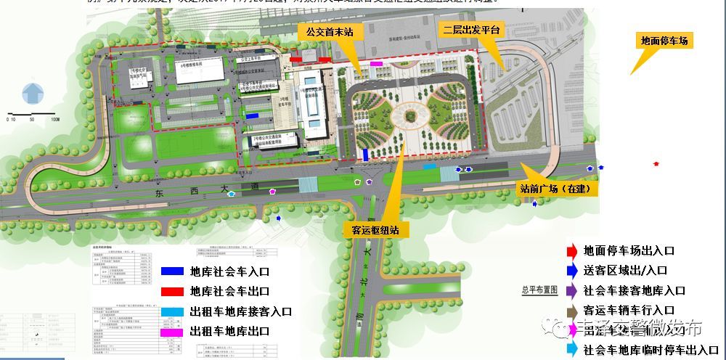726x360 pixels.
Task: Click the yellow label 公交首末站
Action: coord(330,31)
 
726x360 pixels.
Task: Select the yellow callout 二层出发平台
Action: coord(473,29)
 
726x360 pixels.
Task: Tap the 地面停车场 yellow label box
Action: coord(664,41)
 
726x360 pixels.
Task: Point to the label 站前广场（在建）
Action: coord(558,189)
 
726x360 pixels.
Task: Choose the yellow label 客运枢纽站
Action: coord(376,230)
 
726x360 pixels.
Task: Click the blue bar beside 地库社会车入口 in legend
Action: coord(173,271)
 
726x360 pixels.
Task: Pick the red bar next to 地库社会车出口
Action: coord(173,291)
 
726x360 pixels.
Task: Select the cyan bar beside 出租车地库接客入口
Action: coord(173,311)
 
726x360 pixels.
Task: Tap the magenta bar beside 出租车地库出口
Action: coord(173,330)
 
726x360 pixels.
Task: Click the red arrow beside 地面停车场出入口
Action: coord(571,251)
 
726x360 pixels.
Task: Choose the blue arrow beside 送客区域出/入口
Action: coord(571,271)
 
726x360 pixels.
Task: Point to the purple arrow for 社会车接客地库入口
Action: coord(571,290)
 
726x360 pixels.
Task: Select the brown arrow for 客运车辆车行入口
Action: coord(571,310)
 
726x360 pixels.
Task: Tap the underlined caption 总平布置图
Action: coord(539,289)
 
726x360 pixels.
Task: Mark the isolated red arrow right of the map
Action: coord(657,164)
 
